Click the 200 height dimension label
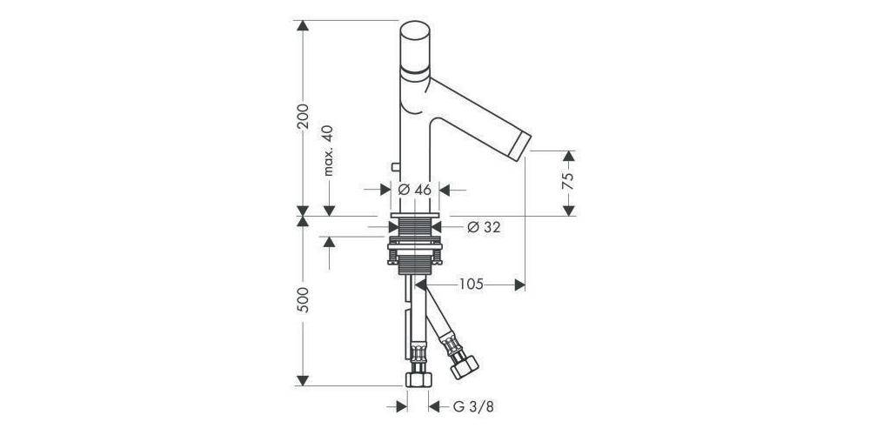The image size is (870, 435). pyautogui.click(x=303, y=116)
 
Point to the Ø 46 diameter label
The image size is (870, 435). pyautogui.click(x=415, y=190)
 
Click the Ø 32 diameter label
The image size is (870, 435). pyautogui.click(x=484, y=227)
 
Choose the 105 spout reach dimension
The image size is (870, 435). pyautogui.click(x=470, y=284)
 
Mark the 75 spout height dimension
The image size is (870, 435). pyautogui.click(x=567, y=181)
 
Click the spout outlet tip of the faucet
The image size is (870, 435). pyautogui.click(x=523, y=144)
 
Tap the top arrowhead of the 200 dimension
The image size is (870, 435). pyautogui.click(x=303, y=27)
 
